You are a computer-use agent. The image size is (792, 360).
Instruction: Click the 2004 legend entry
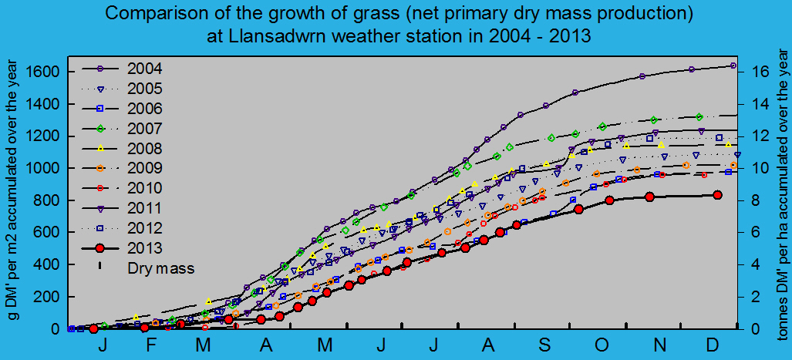tap(145, 67)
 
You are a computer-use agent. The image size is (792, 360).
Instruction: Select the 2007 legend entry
tap(145, 127)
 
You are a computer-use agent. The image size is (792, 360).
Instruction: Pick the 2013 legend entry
tap(145, 247)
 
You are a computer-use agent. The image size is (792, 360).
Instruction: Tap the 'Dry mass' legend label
tap(160, 268)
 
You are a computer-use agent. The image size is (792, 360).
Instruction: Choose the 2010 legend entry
tap(145, 187)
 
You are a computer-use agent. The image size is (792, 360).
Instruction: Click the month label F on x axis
tap(153, 344)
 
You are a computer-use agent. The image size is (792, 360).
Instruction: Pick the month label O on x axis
tap(602, 344)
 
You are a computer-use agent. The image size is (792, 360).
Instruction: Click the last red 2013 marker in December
tap(717, 195)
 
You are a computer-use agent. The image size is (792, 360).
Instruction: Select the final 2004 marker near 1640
tap(732, 66)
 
